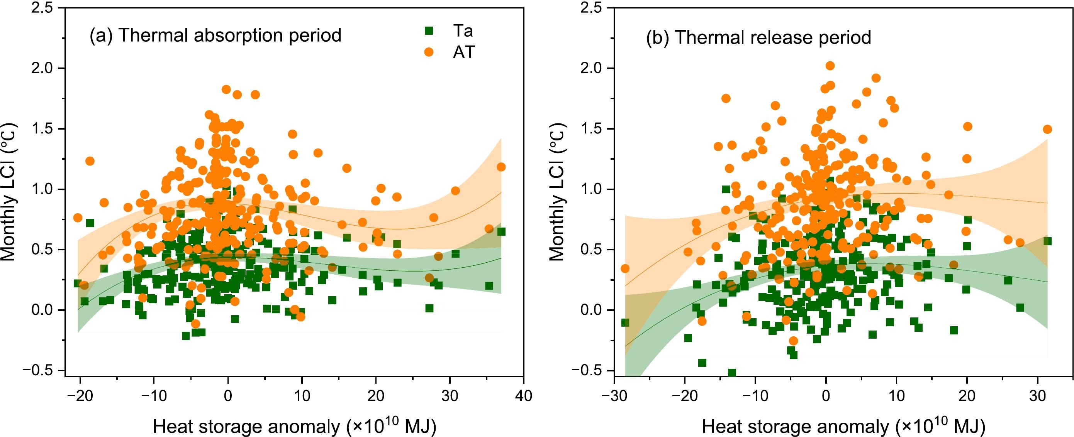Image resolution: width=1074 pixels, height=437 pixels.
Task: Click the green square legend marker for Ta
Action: tap(428, 30)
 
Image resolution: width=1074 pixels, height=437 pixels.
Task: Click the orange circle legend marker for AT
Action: tap(428, 52)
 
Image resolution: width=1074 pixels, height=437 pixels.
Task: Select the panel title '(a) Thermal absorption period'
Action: tap(215, 35)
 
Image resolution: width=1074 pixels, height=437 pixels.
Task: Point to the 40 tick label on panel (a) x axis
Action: tap(523, 395)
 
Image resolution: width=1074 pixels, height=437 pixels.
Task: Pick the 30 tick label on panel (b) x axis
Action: tap(1038, 395)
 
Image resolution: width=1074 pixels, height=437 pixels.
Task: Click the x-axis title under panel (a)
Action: tap(294, 427)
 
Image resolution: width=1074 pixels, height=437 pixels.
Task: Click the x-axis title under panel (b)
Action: tap(843, 427)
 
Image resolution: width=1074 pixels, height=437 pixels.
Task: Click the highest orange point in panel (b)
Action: tap(830, 66)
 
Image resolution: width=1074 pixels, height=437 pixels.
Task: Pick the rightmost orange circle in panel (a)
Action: tap(501, 167)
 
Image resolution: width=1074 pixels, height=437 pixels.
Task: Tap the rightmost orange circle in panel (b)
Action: tap(1047, 130)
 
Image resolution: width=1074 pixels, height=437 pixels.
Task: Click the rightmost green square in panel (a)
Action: tap(501, 231)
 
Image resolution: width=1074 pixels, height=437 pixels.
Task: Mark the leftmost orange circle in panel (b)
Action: tap(624, 269)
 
